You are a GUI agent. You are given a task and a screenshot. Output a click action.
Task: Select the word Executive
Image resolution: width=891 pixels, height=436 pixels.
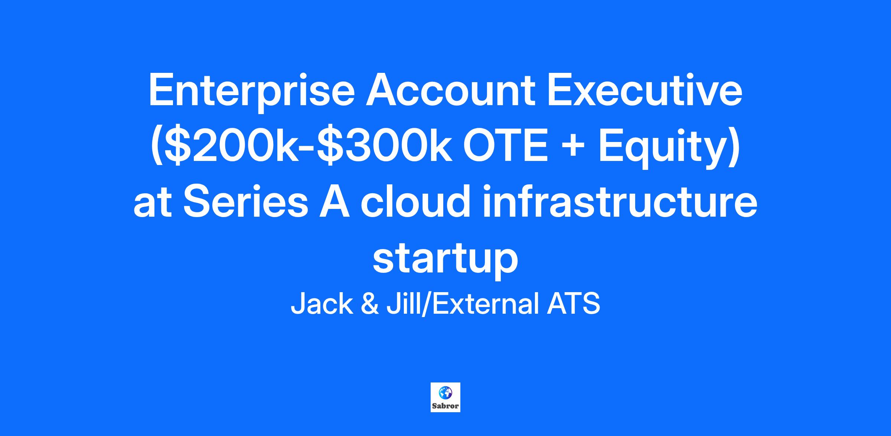pyautogui.click(x=644, y=90)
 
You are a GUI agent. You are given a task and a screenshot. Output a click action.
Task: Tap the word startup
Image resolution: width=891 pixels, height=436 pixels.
pyautogui.click(x=445, y=259)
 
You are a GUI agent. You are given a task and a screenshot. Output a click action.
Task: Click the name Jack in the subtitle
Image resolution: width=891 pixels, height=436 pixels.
pyautogui.click(x=322, y=304)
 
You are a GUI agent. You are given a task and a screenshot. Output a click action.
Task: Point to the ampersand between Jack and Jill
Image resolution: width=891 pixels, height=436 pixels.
pyautogui.click(x=369, y=304)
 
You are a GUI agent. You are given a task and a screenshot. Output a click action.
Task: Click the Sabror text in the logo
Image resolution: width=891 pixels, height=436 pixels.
pyautogui.click(x=446, y=406)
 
